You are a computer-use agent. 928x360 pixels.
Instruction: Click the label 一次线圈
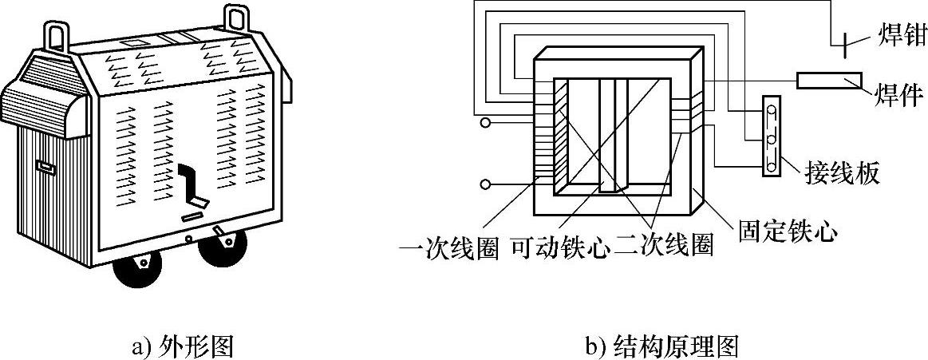(449, 248)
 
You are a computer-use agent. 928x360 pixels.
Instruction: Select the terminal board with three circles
(772, 136)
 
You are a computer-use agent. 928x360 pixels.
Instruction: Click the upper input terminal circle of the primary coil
(484, 124)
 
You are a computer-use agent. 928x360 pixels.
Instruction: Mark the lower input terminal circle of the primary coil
(484, 185)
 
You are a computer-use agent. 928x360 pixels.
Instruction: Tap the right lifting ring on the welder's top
(236, 18)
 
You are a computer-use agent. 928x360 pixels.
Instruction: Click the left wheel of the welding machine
(138, 270)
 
